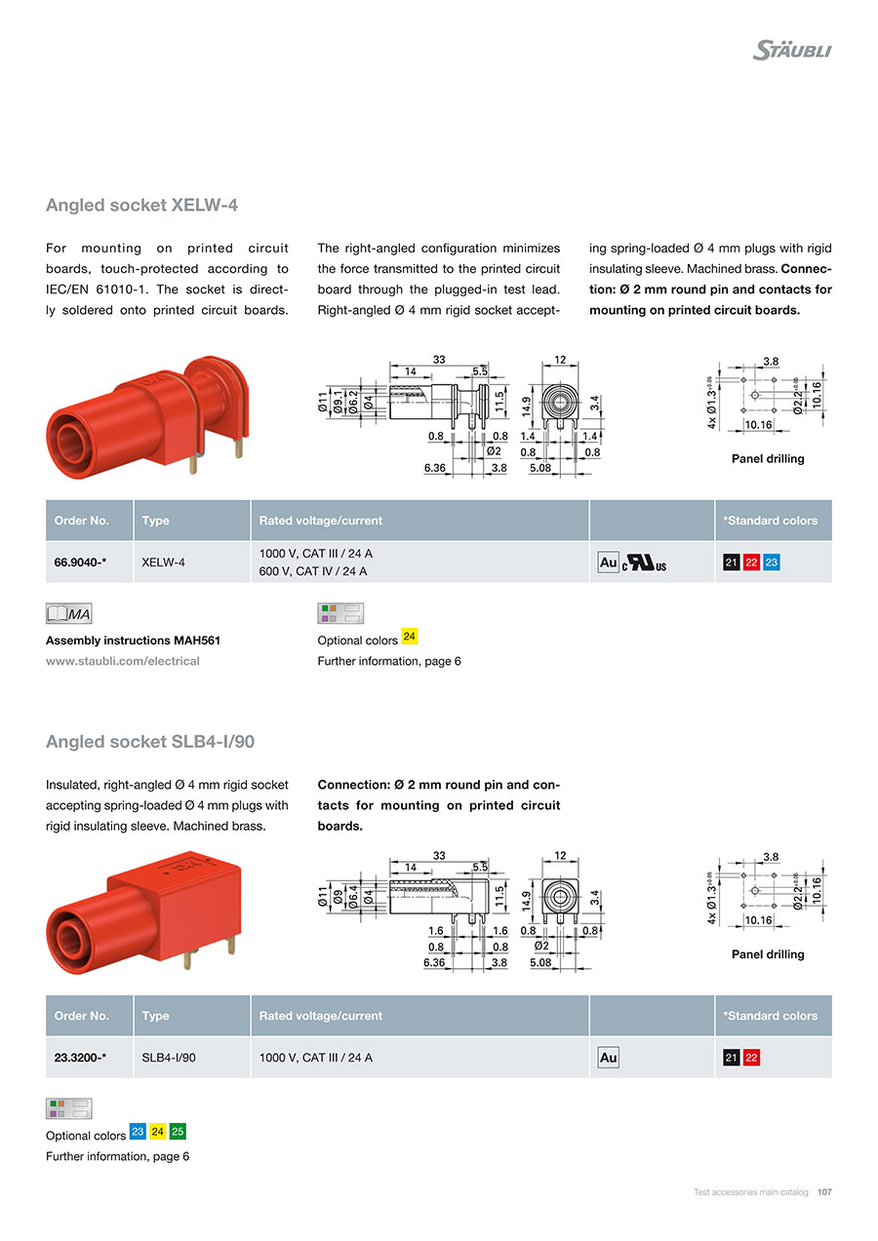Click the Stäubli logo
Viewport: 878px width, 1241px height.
pyautogui.click(x=791, y=50)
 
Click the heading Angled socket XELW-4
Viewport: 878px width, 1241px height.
pyautogui.click(x=141, y=206)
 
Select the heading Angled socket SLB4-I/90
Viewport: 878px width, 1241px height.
pyautogui.click(x=150, y=742)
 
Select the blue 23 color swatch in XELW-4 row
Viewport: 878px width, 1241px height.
pyautogui.click(x=772, y=562)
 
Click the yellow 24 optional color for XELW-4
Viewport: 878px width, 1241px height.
pyautogui.click(x=410, y=637)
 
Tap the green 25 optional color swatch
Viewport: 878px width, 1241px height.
pyautogui.click(x=178, y=1132)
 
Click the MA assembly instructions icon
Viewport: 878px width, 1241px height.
pyautogui.click(x=68, y=613)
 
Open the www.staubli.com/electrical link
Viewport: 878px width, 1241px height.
pyautogui.click(x=123, y=661)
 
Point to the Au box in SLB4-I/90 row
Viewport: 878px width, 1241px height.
pyautogui.click(x=608, y=1058)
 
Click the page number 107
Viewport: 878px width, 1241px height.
pyautogui.click(x=824, y=1192)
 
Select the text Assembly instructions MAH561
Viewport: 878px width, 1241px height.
pyautogui.click(x=133, y=640)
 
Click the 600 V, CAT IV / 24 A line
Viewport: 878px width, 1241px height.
pyautogui.click(x=313, y=571)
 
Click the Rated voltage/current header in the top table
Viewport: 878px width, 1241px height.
pyautogui.click(x=320, y=521)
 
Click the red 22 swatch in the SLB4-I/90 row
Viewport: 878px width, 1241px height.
pyautogui.click(x=752, y=1058)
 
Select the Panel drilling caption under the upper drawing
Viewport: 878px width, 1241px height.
pyautogui.click(x=768, y=459)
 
